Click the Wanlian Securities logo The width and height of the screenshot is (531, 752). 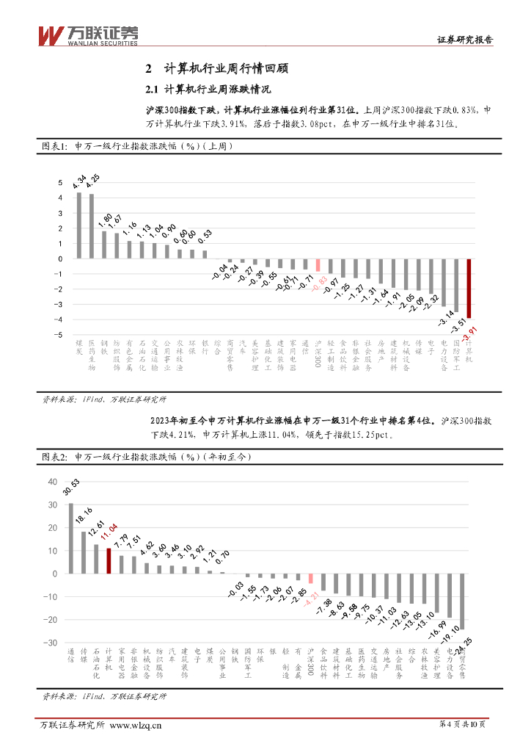(x=87, y=35)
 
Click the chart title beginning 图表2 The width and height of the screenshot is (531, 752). (x=145, y=457)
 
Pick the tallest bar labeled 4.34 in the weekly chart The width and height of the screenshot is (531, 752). (x=79, y=225)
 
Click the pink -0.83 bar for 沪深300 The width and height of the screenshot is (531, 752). (x=318, y=265)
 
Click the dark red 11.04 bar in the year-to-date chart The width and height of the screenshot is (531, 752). (x=109, y=560)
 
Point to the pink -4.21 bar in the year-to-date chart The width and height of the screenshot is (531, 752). (x=311, y=578)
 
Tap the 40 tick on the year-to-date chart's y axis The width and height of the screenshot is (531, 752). (x=51, y=482)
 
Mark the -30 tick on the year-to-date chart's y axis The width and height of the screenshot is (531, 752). (x=50, y=643)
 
